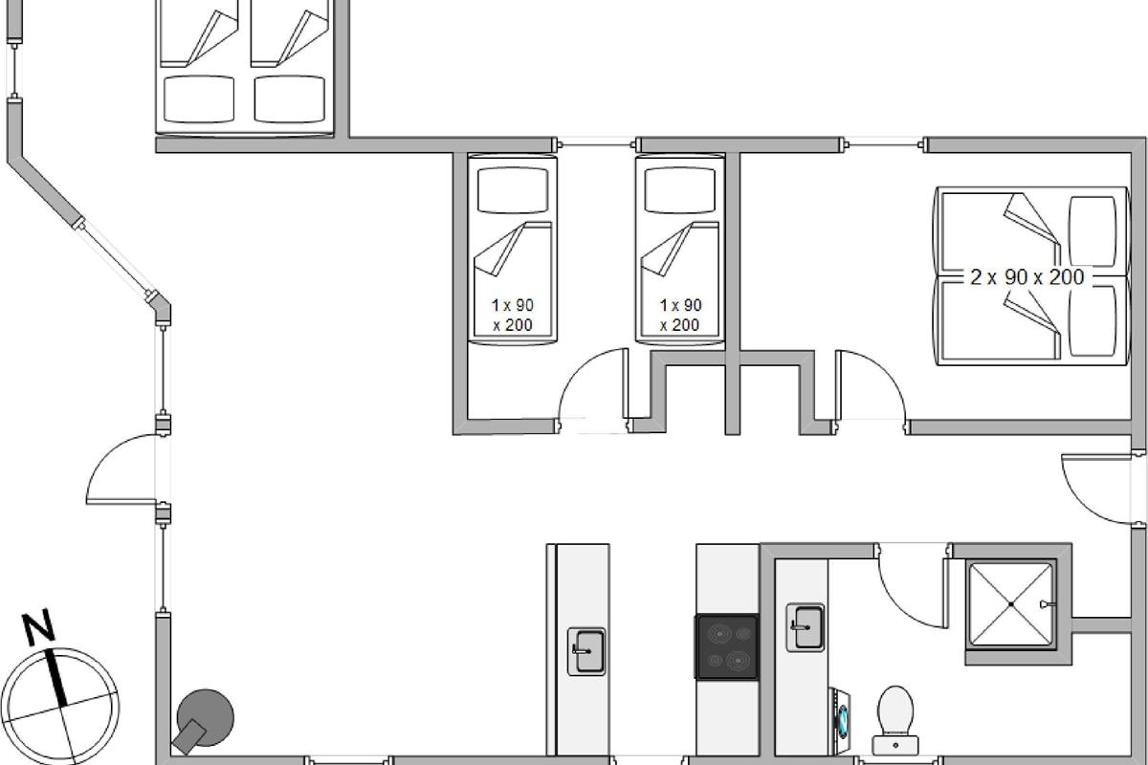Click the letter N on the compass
pyautogui.click(x=38, y=626)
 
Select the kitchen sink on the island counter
pyautogui.click(x=586, y=651)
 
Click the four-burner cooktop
pyautogui.click(x=727, y=647)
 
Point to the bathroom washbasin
pyautogui.click(x=806, y=627)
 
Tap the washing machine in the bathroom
pyautogui.click(x=840, y=721)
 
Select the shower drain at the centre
pyautogui.click(x=1011, y=604)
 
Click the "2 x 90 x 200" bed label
pyautogui.click(x=1027, y=277)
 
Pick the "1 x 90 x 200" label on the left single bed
pyautogui.click(x=513, y=316)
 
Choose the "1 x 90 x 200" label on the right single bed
pyautogui.click(x=680, y=316)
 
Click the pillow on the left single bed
pyautogui.click(x=513, y=190)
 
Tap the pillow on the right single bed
pyautogui.click(x=679, y=190)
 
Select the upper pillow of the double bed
pyautogui.click(x=1093, y=231)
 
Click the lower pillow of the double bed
pyautogui.click(x=1093, y=320)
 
